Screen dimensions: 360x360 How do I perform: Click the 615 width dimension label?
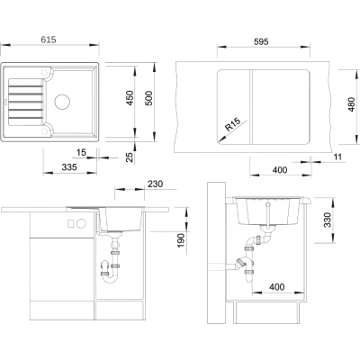click(49, 40)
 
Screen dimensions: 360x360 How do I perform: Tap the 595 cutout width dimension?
click(261, 41)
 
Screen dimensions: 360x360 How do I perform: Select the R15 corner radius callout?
click(233, 125)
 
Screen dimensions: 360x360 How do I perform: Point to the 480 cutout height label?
click(351, 104)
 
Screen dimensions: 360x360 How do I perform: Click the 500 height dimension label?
click(148, 98)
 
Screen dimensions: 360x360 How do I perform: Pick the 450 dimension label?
click(130, 98)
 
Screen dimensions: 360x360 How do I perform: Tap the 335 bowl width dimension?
click(69, 166)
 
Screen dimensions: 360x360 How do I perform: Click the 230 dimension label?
click(155, 184)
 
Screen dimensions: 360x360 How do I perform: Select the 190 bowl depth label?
click(181, 240)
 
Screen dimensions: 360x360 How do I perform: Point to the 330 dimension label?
click(328, 220)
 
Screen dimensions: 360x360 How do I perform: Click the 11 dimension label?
click(337, 157)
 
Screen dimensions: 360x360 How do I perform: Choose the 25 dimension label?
click(129, 157)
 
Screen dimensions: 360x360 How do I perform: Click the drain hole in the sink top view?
click(62, 101)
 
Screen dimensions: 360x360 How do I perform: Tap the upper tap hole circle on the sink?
click(44, 73)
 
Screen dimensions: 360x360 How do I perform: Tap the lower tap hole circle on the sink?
click(44, 130)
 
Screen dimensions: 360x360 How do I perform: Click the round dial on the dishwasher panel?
click(81, 223)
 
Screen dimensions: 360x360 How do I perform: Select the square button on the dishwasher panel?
click(71, 223)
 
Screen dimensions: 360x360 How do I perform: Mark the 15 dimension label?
click(81, 152)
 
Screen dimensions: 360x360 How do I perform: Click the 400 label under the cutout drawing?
click(280, 170)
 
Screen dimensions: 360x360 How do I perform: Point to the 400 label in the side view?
click(276, 287)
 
